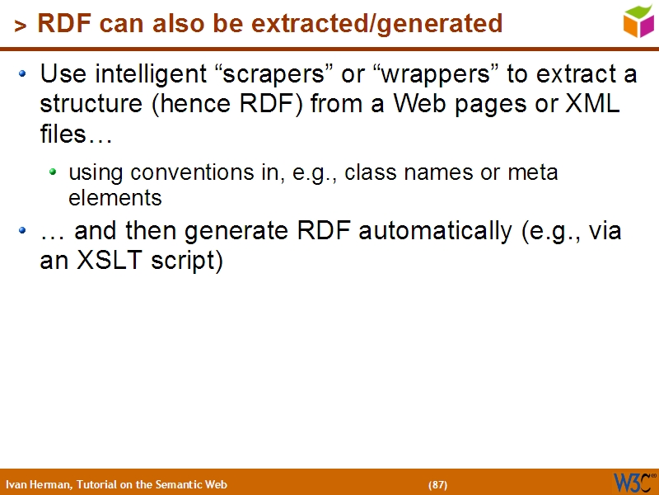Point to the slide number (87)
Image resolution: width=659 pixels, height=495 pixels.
[437, 484]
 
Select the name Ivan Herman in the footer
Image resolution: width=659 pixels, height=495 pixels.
[38, 484]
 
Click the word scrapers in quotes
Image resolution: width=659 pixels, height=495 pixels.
[277, 75]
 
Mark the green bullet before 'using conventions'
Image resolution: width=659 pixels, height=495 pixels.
[54, 172]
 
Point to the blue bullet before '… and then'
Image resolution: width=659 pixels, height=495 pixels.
[24, 232]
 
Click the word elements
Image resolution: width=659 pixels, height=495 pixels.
[115, 198]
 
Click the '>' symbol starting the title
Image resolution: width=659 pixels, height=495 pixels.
[20, 26]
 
